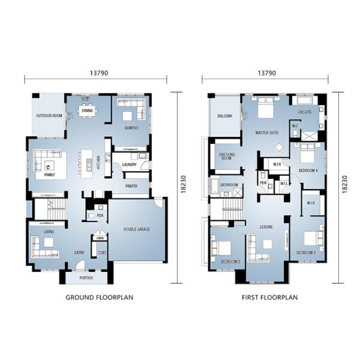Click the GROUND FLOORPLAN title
[99, 297]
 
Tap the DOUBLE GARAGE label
[137, 229]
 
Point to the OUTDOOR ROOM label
[49, 115]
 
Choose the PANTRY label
[131, 187]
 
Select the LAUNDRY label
[129, 164]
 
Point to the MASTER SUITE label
[266, 133]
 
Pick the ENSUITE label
[305, 112]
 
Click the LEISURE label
[266, 227]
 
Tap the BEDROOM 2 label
[230, 262]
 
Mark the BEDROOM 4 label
[308, 170]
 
